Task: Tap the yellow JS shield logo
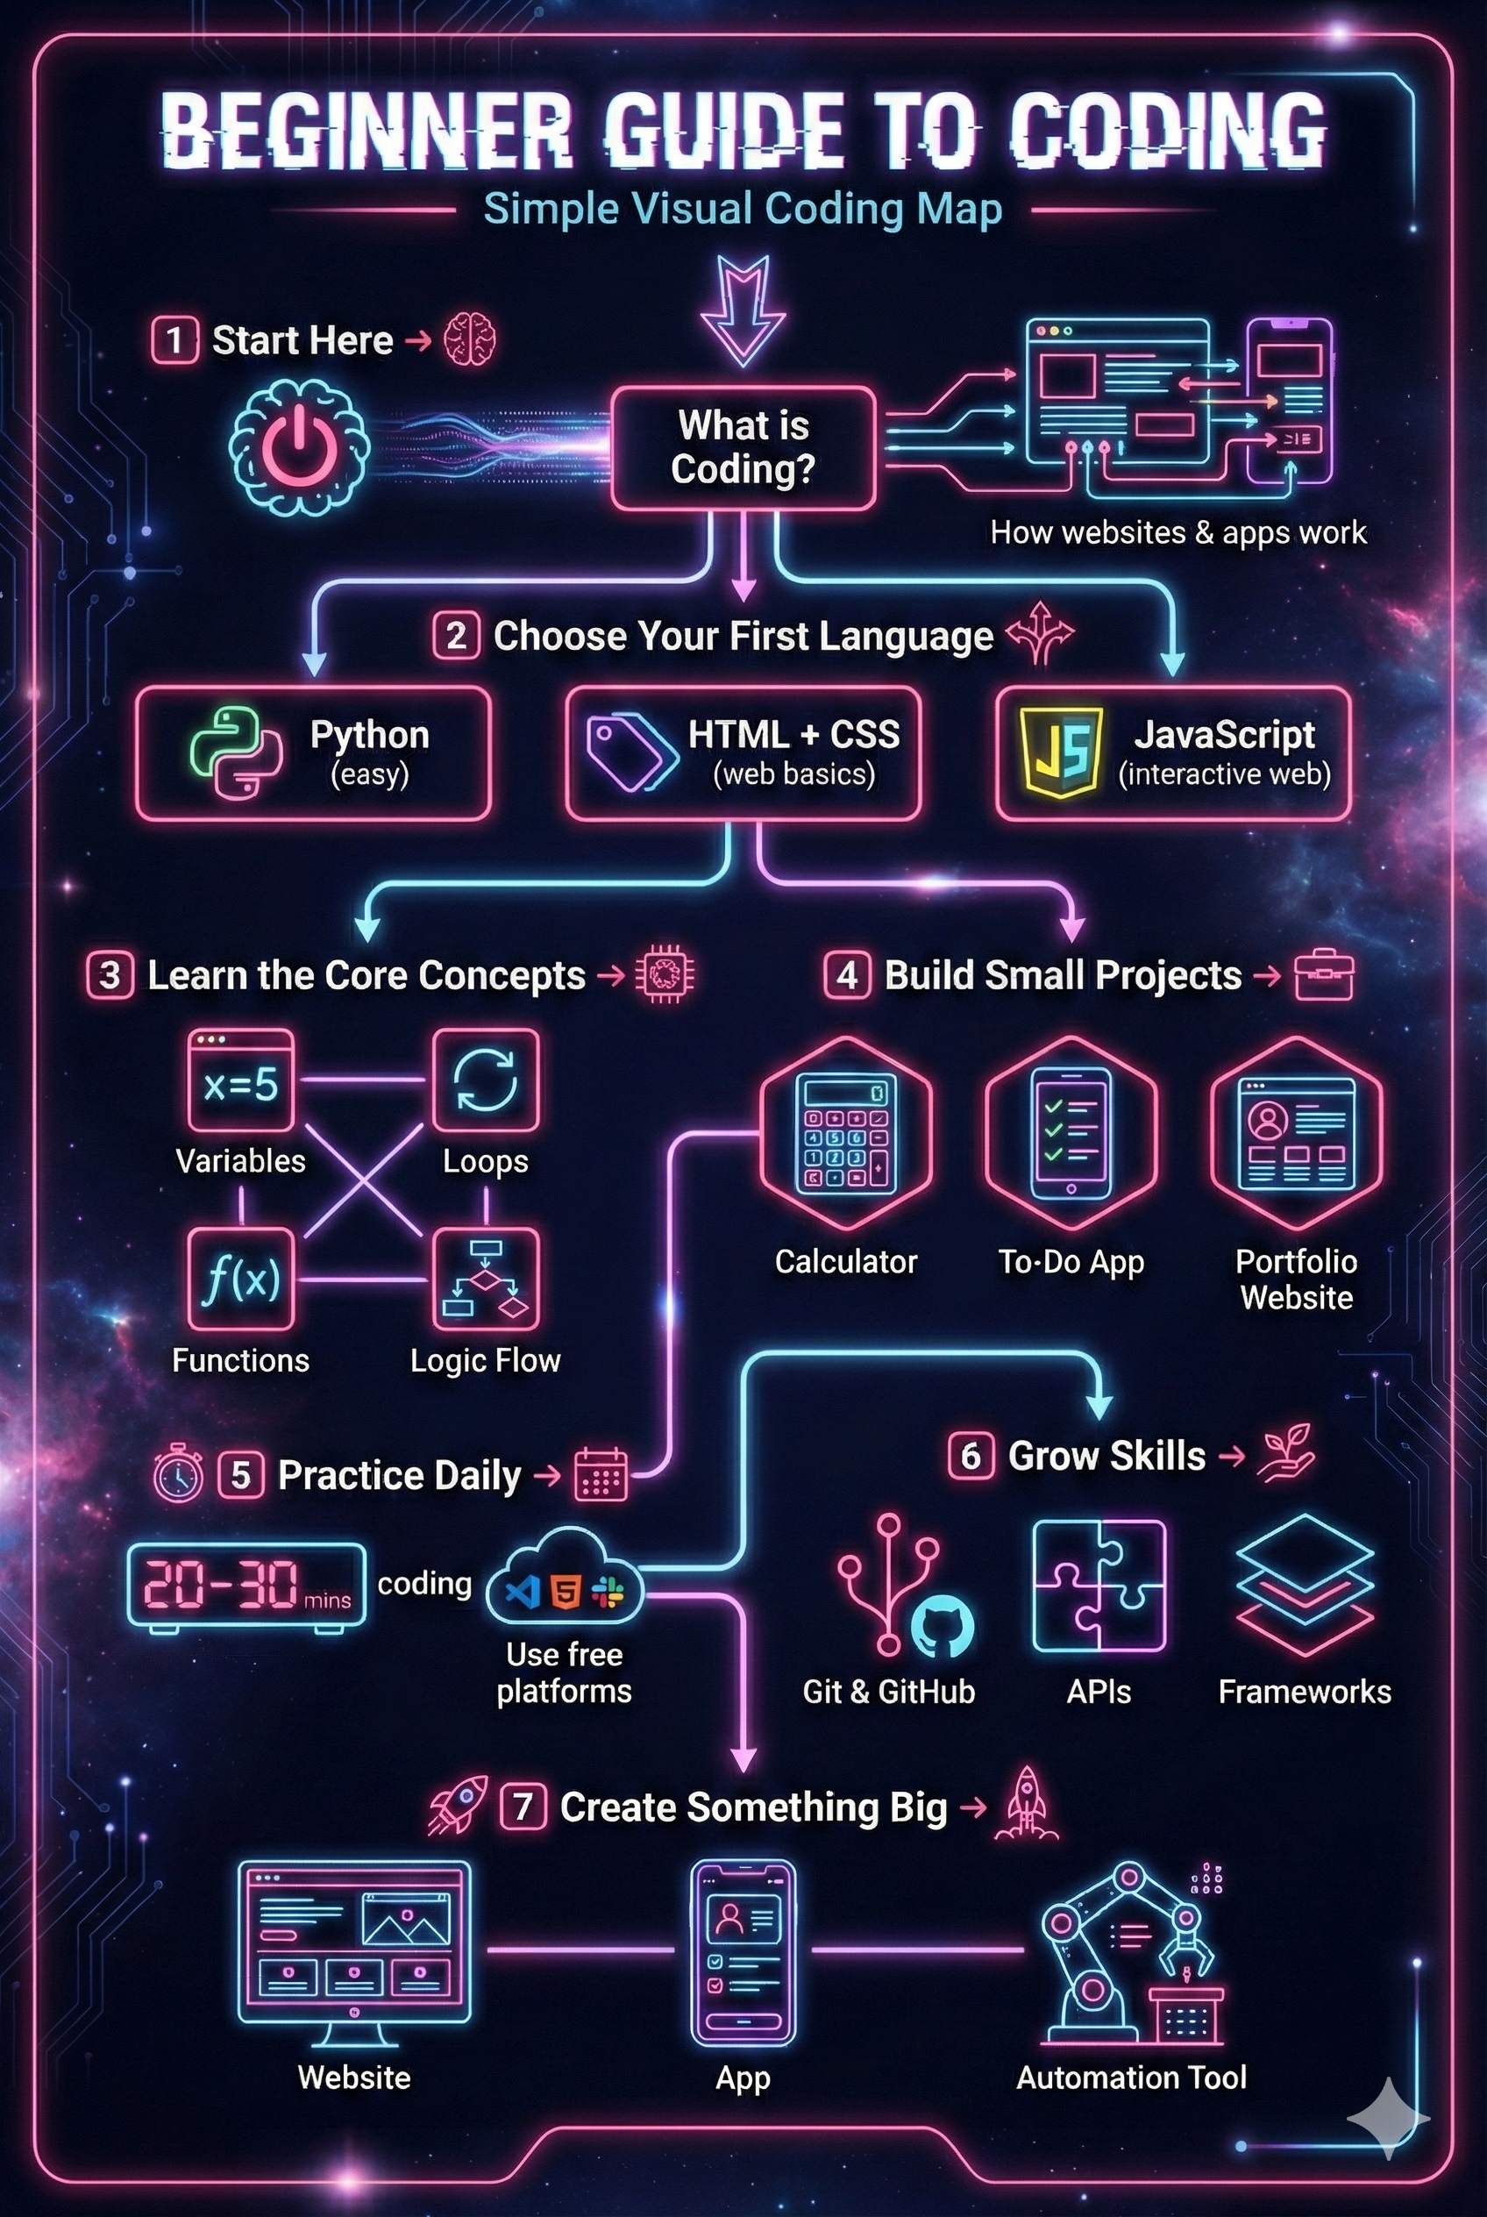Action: click(x=1059, y=753)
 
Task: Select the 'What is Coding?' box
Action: click(x=743, y=448)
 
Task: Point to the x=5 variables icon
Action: click(x=241, y=1080)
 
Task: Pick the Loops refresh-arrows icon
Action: click(x=486, y=1080)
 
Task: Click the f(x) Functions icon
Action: click(x=241, y=1279)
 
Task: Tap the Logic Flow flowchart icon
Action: click(x=486, y=1279)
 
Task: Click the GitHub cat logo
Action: click(x=942, y=1625)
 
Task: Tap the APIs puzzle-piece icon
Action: click(x=1099, y=1586)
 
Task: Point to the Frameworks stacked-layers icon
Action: click(x=1305, y=1583)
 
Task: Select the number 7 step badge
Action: click(x=523, y=1807)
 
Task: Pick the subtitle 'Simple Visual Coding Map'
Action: click(x=743, y=210)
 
